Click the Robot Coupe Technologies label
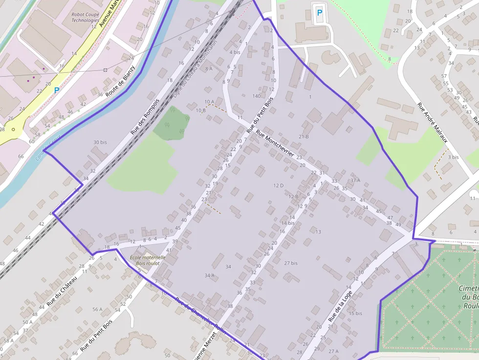85,18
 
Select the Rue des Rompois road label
145,117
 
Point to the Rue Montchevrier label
275,146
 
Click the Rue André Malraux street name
432,122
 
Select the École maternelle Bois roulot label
148,260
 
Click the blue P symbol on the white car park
320,13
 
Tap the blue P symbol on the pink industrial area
57,90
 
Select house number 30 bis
100,142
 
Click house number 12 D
279,186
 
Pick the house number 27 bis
290,263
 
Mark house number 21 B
304,137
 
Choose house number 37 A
355,180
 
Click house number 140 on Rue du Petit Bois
256,96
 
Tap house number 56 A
97,309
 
